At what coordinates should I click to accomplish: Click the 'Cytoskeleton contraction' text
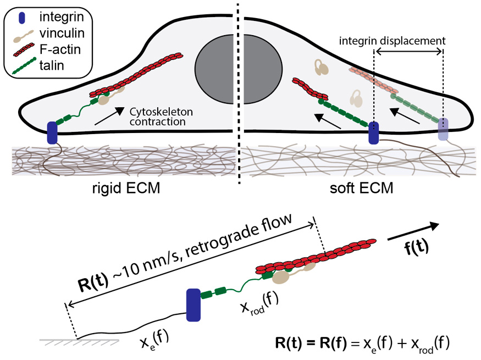pos(157,117)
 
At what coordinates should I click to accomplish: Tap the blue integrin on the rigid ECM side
pos(53,132)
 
